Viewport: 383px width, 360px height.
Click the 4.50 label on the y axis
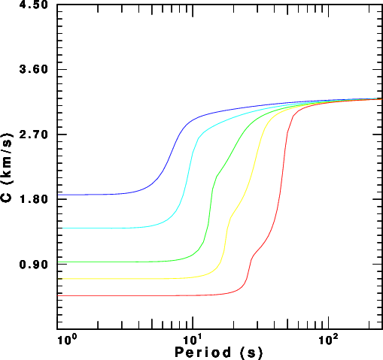[33, 5]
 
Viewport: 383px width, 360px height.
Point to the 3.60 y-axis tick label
[33, 69]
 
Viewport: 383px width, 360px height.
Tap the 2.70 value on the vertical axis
[33, 135]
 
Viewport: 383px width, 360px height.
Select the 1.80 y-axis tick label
[33, 199]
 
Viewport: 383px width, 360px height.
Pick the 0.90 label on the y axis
[33, 264]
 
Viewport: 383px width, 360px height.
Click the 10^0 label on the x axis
[64, 340]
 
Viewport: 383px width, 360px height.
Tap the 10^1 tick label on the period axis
[192, 340]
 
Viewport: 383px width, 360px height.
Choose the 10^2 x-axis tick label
[328, 340]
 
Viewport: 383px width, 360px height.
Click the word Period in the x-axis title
[202, 352]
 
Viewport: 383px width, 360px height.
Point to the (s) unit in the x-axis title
[251, 352]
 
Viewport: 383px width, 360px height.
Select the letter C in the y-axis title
[7, 198]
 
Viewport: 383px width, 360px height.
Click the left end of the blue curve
[57, 195]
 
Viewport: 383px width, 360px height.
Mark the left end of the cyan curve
[57, 228]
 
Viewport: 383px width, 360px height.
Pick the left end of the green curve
[57, 262]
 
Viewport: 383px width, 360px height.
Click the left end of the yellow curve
[57, 279]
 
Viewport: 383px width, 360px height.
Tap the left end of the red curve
[57, 296]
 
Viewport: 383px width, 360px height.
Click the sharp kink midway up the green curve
[216, 177]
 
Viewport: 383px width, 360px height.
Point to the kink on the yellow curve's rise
[230, 217]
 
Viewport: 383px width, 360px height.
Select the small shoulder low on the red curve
[252, 256]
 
